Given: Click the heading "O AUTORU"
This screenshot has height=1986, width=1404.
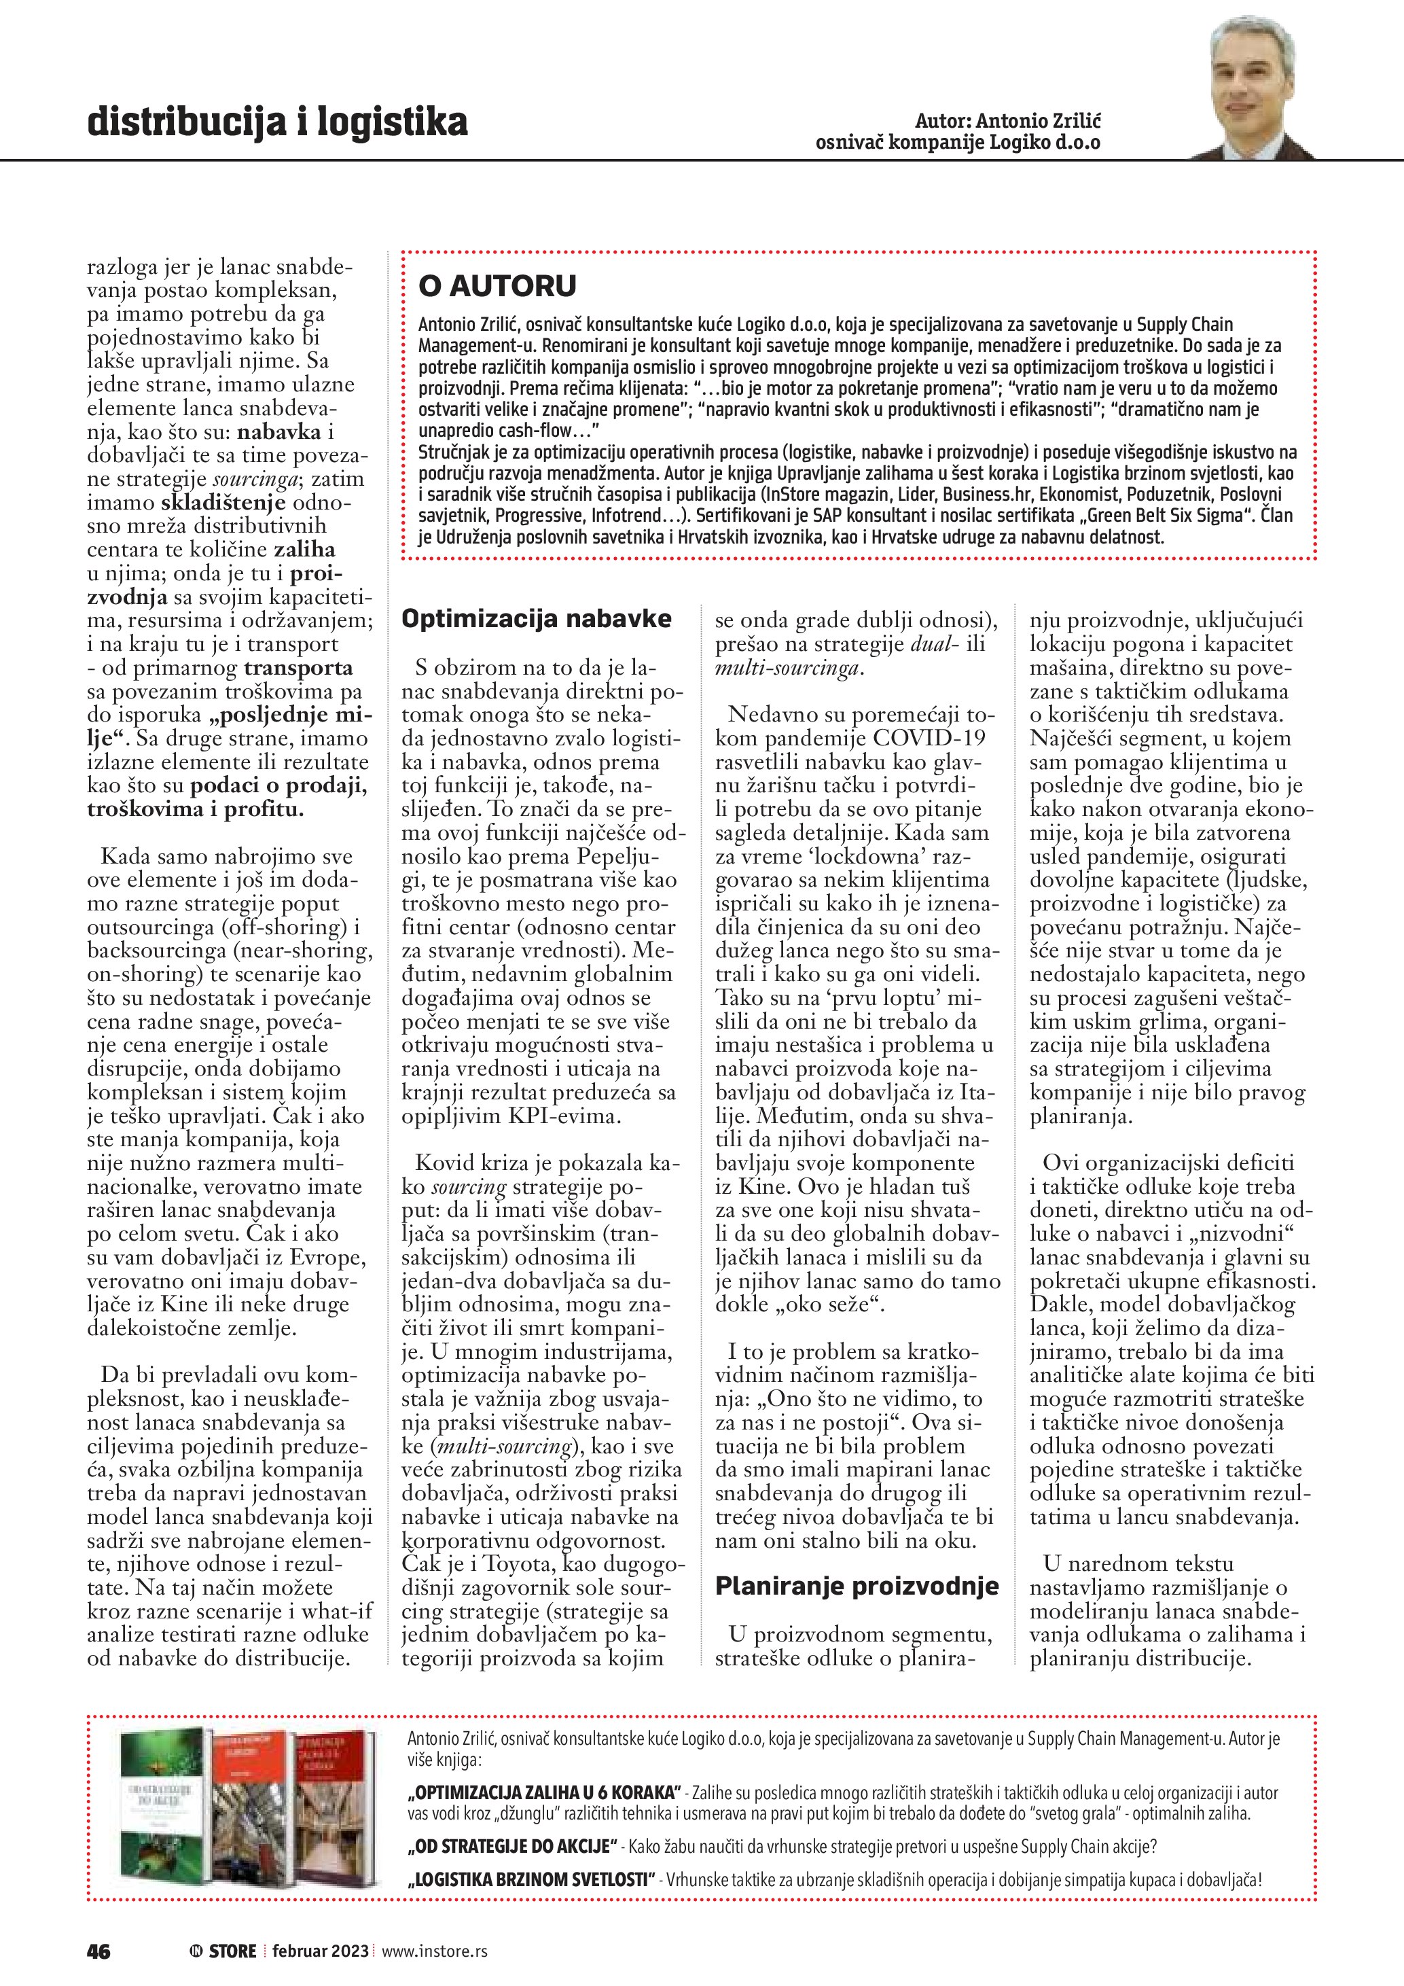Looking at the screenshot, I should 497,285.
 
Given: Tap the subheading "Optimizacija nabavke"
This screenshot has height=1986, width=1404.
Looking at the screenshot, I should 536,618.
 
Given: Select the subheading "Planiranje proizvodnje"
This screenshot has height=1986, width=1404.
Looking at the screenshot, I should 856,1586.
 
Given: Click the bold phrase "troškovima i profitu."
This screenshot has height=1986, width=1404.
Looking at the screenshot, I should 196,809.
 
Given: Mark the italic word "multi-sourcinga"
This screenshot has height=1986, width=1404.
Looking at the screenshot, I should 787,667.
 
